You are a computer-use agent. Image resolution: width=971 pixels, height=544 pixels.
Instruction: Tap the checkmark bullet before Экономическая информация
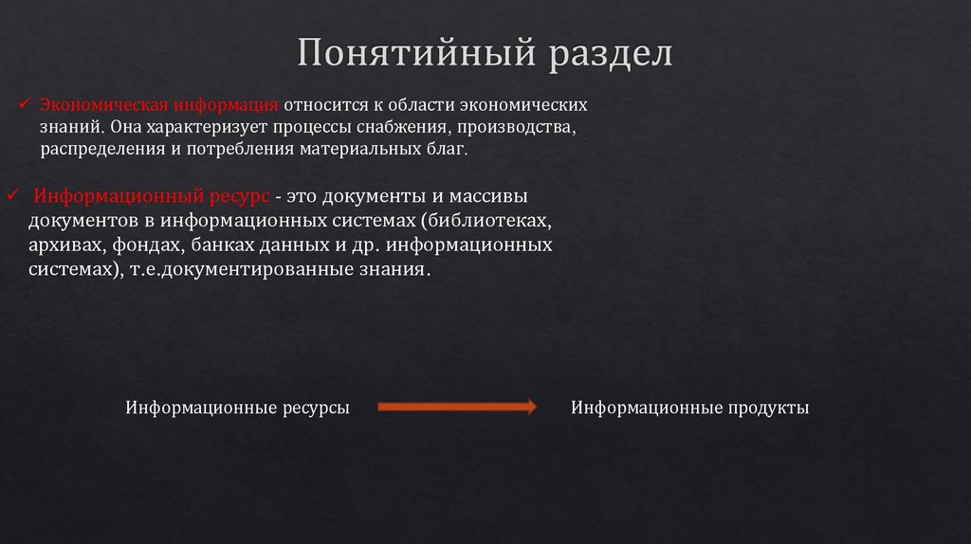28,101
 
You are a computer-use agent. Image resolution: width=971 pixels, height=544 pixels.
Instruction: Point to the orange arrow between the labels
457,408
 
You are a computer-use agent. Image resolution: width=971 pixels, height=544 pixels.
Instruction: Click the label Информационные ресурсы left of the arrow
238,408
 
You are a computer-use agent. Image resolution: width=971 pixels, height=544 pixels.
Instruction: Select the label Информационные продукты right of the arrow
689,408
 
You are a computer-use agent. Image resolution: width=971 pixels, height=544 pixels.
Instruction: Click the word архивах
62,245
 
